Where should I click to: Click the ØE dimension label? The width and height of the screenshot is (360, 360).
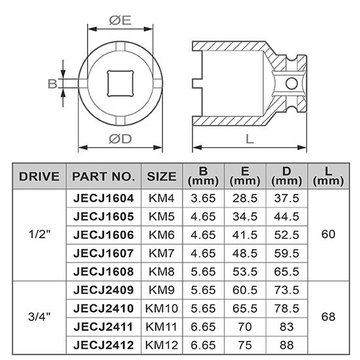coord(120,20)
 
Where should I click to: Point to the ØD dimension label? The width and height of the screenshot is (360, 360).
coord(120,139)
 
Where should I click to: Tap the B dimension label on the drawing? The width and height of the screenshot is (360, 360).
coord(52,84)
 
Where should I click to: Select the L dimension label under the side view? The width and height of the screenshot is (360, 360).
coord(249,139)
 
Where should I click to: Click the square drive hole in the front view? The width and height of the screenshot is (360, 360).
coord(120,83)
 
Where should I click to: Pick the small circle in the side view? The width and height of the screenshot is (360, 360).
coord(292,83)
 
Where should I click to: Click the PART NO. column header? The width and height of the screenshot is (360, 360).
coord(103,176)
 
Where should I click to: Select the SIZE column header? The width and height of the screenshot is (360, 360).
coord(162,176)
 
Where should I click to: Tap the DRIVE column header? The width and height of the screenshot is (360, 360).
coord(39,176)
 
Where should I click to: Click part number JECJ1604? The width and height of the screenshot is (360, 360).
coord(103,198)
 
